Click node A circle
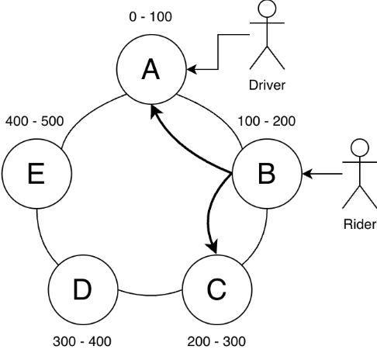[151, 69]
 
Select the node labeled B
[267, 174]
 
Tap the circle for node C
[217, 289]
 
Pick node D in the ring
[83, 289]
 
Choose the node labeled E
[36, 174]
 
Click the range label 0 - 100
[150, 17]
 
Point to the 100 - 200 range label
[267, 121]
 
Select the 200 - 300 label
[216, 341]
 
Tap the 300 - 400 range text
[82, 341]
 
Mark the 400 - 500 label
[35, 121]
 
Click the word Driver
[267, 85]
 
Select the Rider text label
[360, 224]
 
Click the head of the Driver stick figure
[267, 9]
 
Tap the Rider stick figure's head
[360, 147]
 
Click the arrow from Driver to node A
[218, 52]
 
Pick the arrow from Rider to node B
[322, 174]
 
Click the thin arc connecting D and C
[150, 295]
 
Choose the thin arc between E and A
[88, 114]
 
